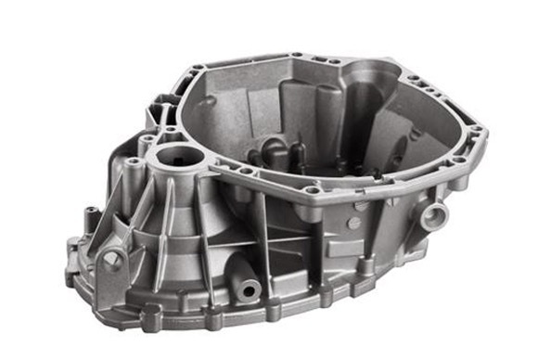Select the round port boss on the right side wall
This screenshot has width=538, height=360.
[432, 216]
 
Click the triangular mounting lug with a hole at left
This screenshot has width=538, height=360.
[112, 260]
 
